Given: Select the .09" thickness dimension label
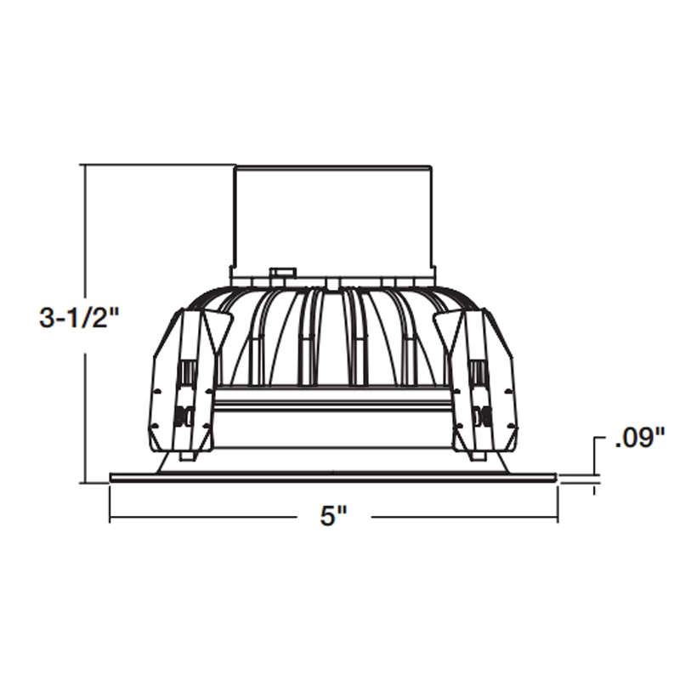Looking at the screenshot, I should pos(637,439).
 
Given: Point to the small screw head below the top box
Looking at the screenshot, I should pos(280,274).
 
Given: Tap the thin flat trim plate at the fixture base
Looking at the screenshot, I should pos(333,477).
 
